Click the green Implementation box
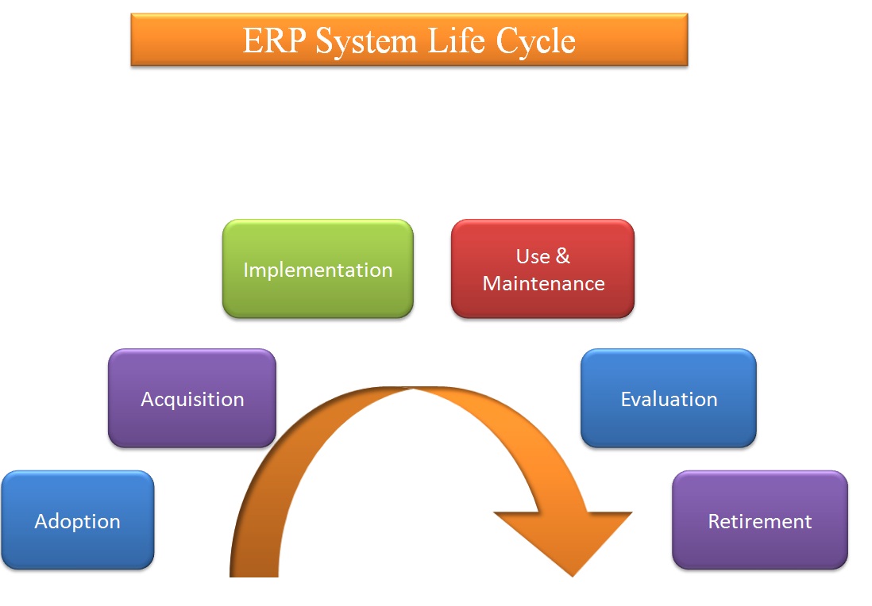318,270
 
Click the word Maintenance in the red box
543,284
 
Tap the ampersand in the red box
563,257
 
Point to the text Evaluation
669,399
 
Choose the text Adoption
78,522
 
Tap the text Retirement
760,522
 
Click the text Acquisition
192,399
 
